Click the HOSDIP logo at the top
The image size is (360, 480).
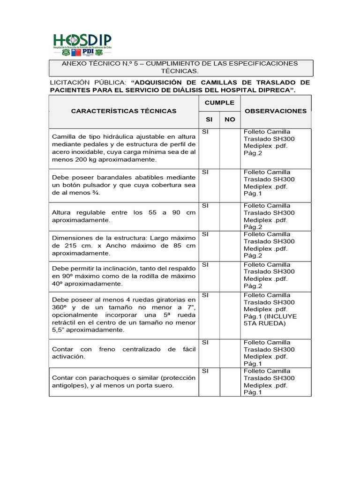pos(82,45)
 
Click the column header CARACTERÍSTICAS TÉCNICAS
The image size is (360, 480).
pos(124,111)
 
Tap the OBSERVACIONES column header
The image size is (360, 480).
pos(276,111)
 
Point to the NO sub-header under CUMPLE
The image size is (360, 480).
pos(230,120)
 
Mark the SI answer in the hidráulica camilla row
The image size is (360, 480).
pos(205,132)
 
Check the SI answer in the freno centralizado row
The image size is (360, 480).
pos(205,343)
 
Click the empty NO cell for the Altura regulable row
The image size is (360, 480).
pos(230,217)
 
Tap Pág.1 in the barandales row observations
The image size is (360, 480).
pos(253,193)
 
